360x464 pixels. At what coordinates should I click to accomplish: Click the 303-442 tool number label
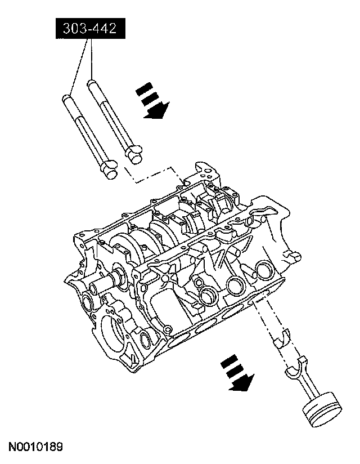pos(89,29)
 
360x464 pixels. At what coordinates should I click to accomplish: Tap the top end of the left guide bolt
pos(66,99)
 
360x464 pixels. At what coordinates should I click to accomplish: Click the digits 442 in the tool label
pos(106,29)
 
